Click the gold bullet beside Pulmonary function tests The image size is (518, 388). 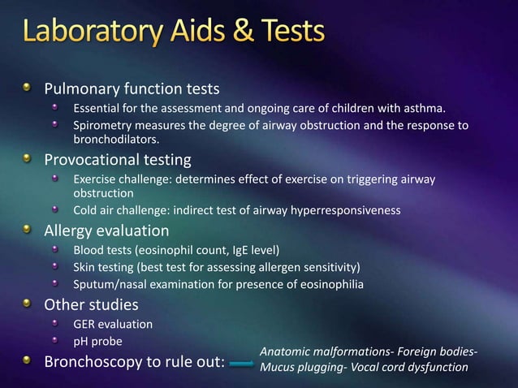pos(28,88)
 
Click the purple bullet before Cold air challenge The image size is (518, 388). pos(56,210)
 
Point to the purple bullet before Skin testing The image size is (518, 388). pos(56,266)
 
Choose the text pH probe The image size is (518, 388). pos(97,341)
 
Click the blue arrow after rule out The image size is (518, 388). pos(241,364)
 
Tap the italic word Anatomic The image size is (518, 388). pos(286,351)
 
